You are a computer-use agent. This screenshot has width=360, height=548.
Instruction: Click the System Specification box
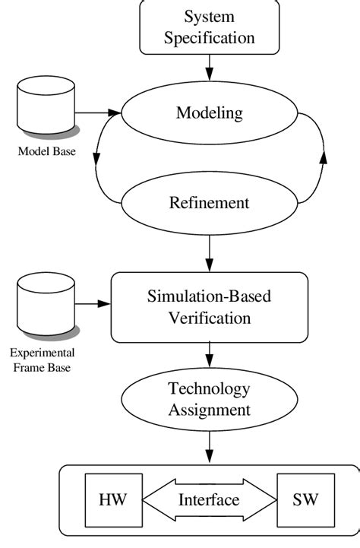(209, 27)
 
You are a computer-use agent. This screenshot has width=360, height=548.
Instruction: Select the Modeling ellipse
(209, 114)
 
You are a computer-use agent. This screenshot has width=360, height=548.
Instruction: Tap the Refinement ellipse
(209, 204)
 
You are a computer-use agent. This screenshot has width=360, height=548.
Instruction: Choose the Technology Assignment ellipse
(209, 400)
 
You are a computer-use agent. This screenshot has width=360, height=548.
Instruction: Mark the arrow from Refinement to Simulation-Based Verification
(209, 252)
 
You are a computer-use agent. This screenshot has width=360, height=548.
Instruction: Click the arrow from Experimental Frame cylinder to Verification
(93, 306)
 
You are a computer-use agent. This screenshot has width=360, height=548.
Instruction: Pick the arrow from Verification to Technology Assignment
(209, 355)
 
